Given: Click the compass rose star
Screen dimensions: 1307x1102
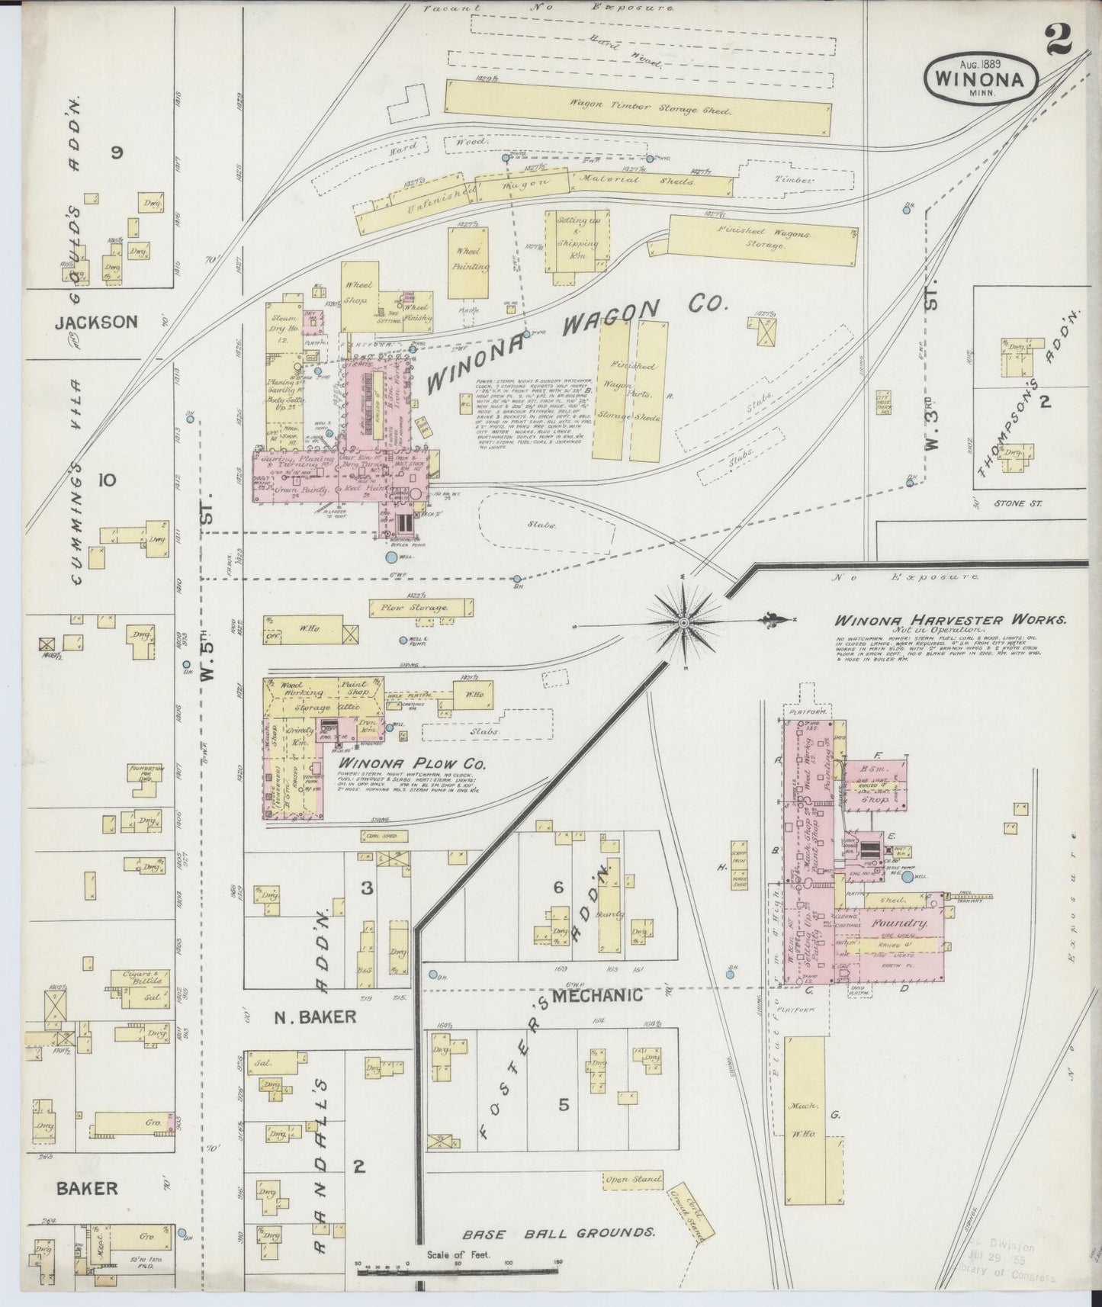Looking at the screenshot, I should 684,623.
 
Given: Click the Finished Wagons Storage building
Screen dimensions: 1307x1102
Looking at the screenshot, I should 763,239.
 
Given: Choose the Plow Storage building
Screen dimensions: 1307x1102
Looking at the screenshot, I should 419,607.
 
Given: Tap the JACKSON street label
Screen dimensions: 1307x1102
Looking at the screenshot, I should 96,322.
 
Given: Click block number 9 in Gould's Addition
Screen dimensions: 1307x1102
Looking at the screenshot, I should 116,153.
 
